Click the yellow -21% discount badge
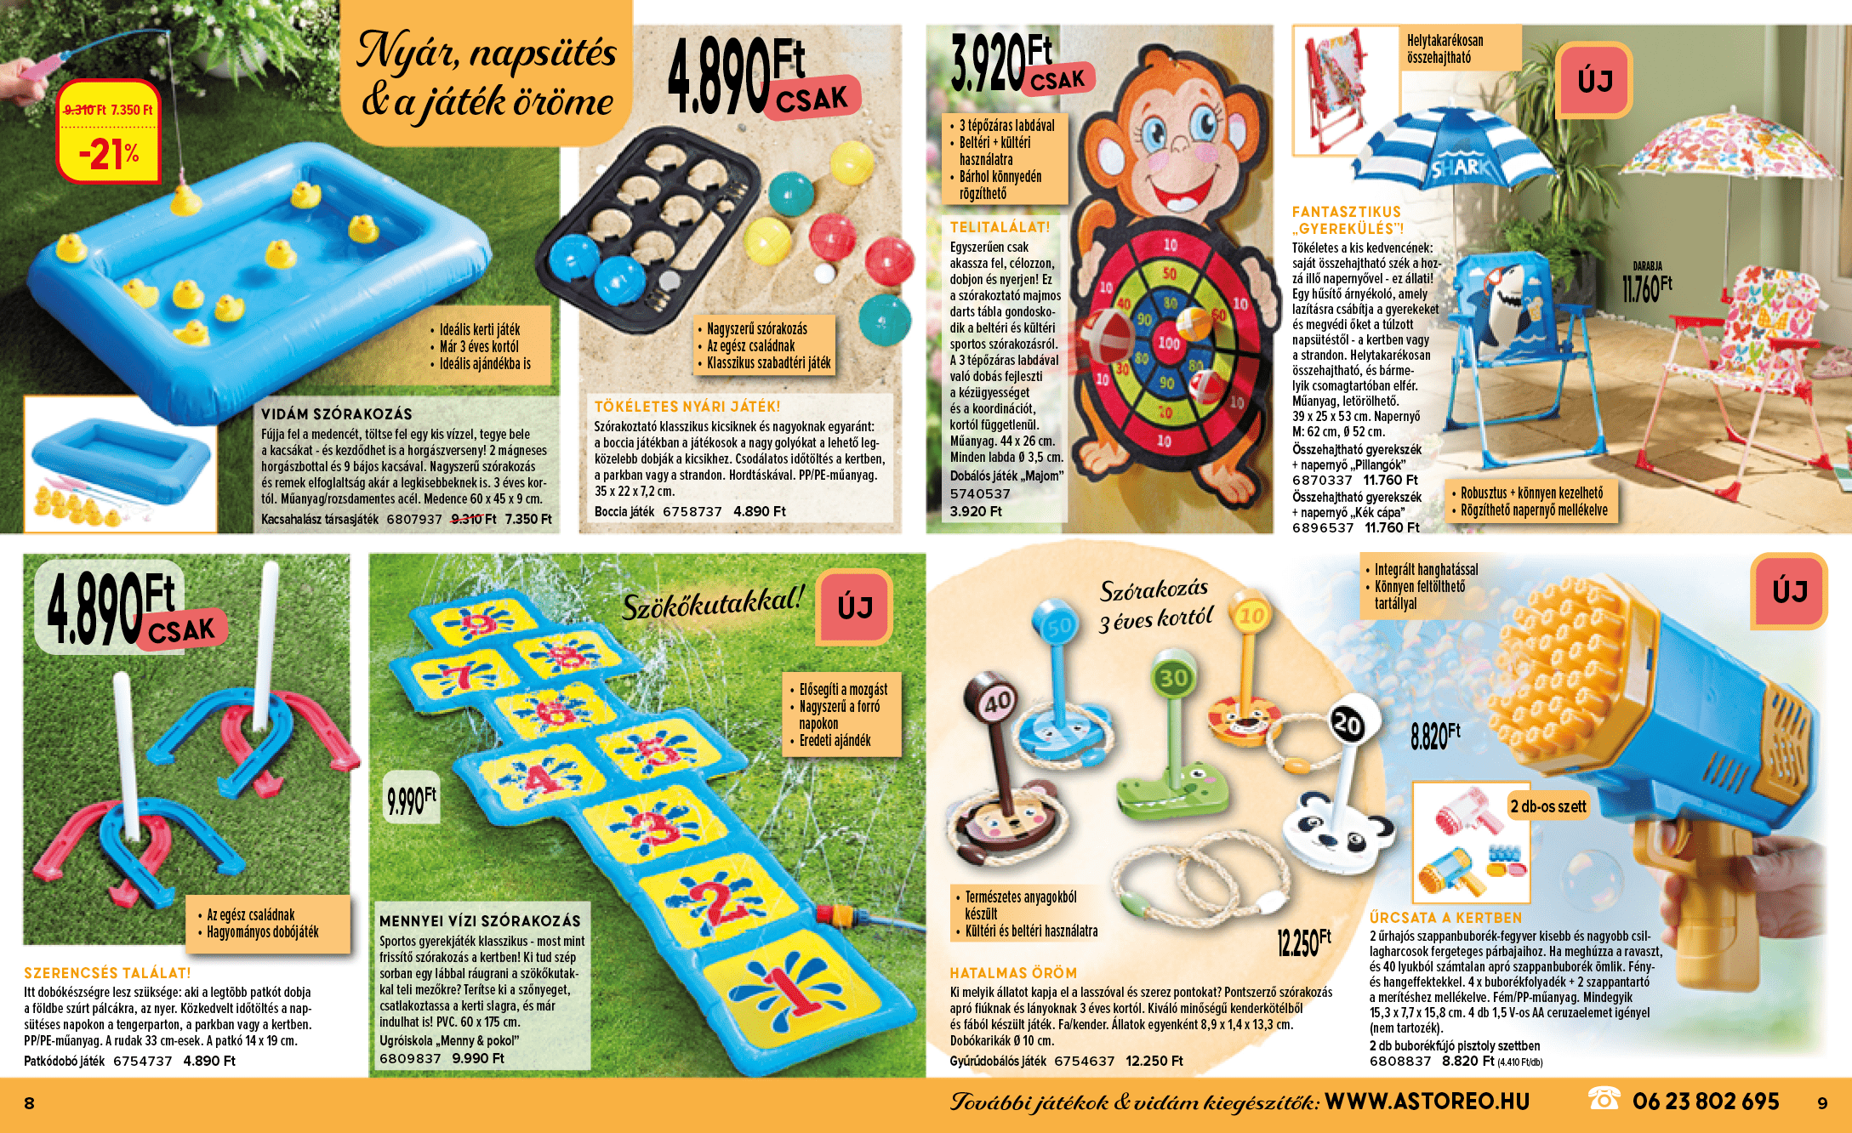[x=108, y=131]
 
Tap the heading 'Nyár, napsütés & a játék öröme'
[x=487, y=75]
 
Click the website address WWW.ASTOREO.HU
[x=1427, y=1102]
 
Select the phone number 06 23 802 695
[x=1705, y=1102]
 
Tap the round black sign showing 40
[x=997, y=702]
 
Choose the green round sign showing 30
[x=1174, y=677]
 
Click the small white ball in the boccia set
[x=823, y=273]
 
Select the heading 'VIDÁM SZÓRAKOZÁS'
[x=337, y=414]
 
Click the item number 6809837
[x=410, y=1058]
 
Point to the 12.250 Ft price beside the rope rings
[x=1303, y=942]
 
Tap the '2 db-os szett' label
[x=1548, y=806]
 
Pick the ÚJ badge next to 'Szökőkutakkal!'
[x=855, y=607]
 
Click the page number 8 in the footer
[x=29, y=1103]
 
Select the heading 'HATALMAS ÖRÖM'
[x=1013, y=973]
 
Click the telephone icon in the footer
[x=1604, y=1099]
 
